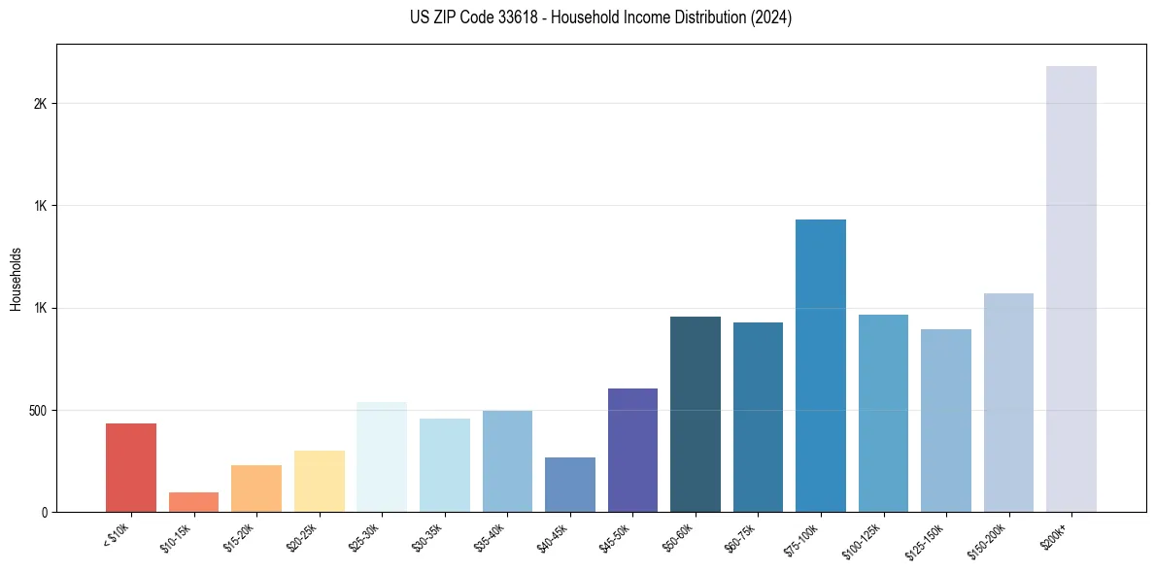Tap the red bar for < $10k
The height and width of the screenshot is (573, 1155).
pyautogui.click(x=131, y=467)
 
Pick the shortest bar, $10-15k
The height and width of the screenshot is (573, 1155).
pyautogui.click(x=193, y=502)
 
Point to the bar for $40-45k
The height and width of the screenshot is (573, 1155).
pyautogui.click(x=570, y=485)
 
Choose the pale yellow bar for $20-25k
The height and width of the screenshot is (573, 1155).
pyautogui.click(x=320, y=481)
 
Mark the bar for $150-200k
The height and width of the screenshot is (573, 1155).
pyautogui.click(x=1008, y=402)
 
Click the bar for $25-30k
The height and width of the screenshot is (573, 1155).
pyautogui.click(x=382, y=456)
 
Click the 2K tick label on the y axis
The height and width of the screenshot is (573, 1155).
pyautogui.click(x=40, y=104)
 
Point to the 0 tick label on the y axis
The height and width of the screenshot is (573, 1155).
pyautogui.click(x=44, y=512)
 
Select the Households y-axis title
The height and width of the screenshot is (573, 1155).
pyautogui.click(x=16, y=278)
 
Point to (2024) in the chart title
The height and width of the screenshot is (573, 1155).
pyautogui.click(x=770, y=17)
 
